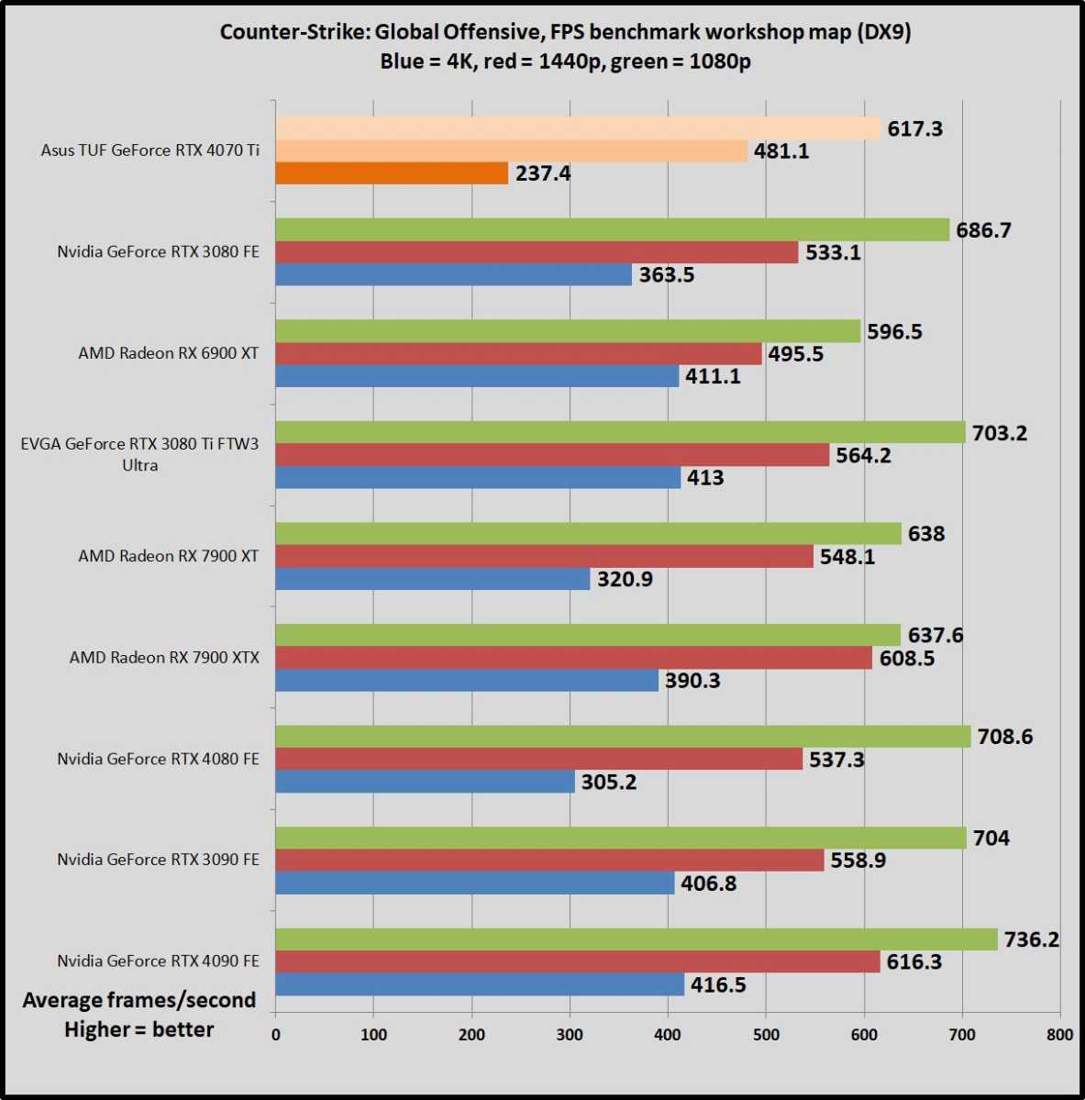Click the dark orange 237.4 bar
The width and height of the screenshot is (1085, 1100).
392,173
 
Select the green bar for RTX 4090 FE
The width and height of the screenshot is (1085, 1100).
636,939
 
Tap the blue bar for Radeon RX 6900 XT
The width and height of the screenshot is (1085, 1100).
477,376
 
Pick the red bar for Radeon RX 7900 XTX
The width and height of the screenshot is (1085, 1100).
573,658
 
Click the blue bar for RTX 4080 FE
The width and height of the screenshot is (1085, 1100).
425,782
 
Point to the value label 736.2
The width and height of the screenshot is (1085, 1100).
1032,939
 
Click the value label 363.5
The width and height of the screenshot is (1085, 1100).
667,275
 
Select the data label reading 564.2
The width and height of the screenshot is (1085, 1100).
863,455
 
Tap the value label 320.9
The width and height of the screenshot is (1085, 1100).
625,579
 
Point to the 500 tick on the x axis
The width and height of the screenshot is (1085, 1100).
766,1035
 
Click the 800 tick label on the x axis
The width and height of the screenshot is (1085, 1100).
1059,1035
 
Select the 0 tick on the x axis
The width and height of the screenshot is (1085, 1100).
276,1035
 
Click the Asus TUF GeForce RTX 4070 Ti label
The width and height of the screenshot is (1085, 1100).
149,150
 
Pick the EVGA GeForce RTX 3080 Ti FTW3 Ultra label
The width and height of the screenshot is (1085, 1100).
139,454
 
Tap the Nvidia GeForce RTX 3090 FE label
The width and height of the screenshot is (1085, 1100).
158,860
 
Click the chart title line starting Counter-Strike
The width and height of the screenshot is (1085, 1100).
566,33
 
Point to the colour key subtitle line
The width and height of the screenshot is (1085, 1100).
566,62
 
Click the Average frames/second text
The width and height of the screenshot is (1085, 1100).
139,1000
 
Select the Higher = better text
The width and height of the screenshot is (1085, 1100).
139,1029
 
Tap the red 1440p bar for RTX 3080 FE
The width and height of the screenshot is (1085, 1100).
537,252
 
